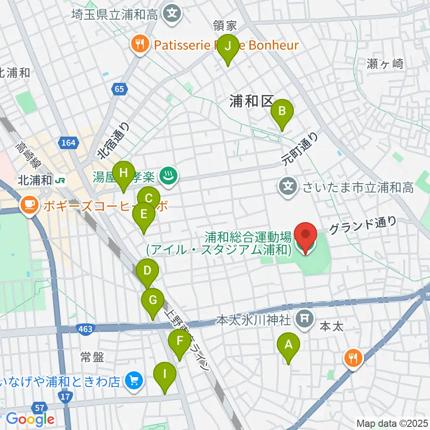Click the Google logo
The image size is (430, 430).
[30, 419]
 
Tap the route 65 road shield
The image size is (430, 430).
[119, 90]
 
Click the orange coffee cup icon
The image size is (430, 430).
[30, 206]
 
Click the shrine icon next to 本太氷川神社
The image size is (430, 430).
[304, 319]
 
